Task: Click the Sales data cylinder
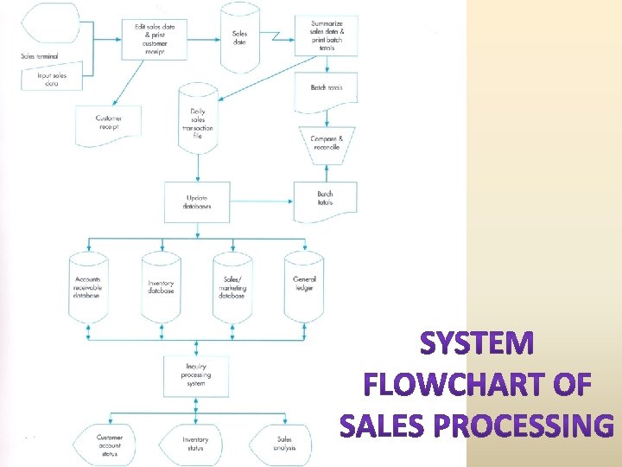tap(240, 38)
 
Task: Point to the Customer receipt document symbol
tap(109, 125)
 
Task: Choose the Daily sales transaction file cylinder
tap(197, 119)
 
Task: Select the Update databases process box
tap(197, 202)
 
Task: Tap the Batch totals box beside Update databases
tap(325, 199)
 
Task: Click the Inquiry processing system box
tap(197, 374)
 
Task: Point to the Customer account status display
tap(109, 443)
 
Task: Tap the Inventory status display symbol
tap(195, 443)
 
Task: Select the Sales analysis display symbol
tap(285, 443)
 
